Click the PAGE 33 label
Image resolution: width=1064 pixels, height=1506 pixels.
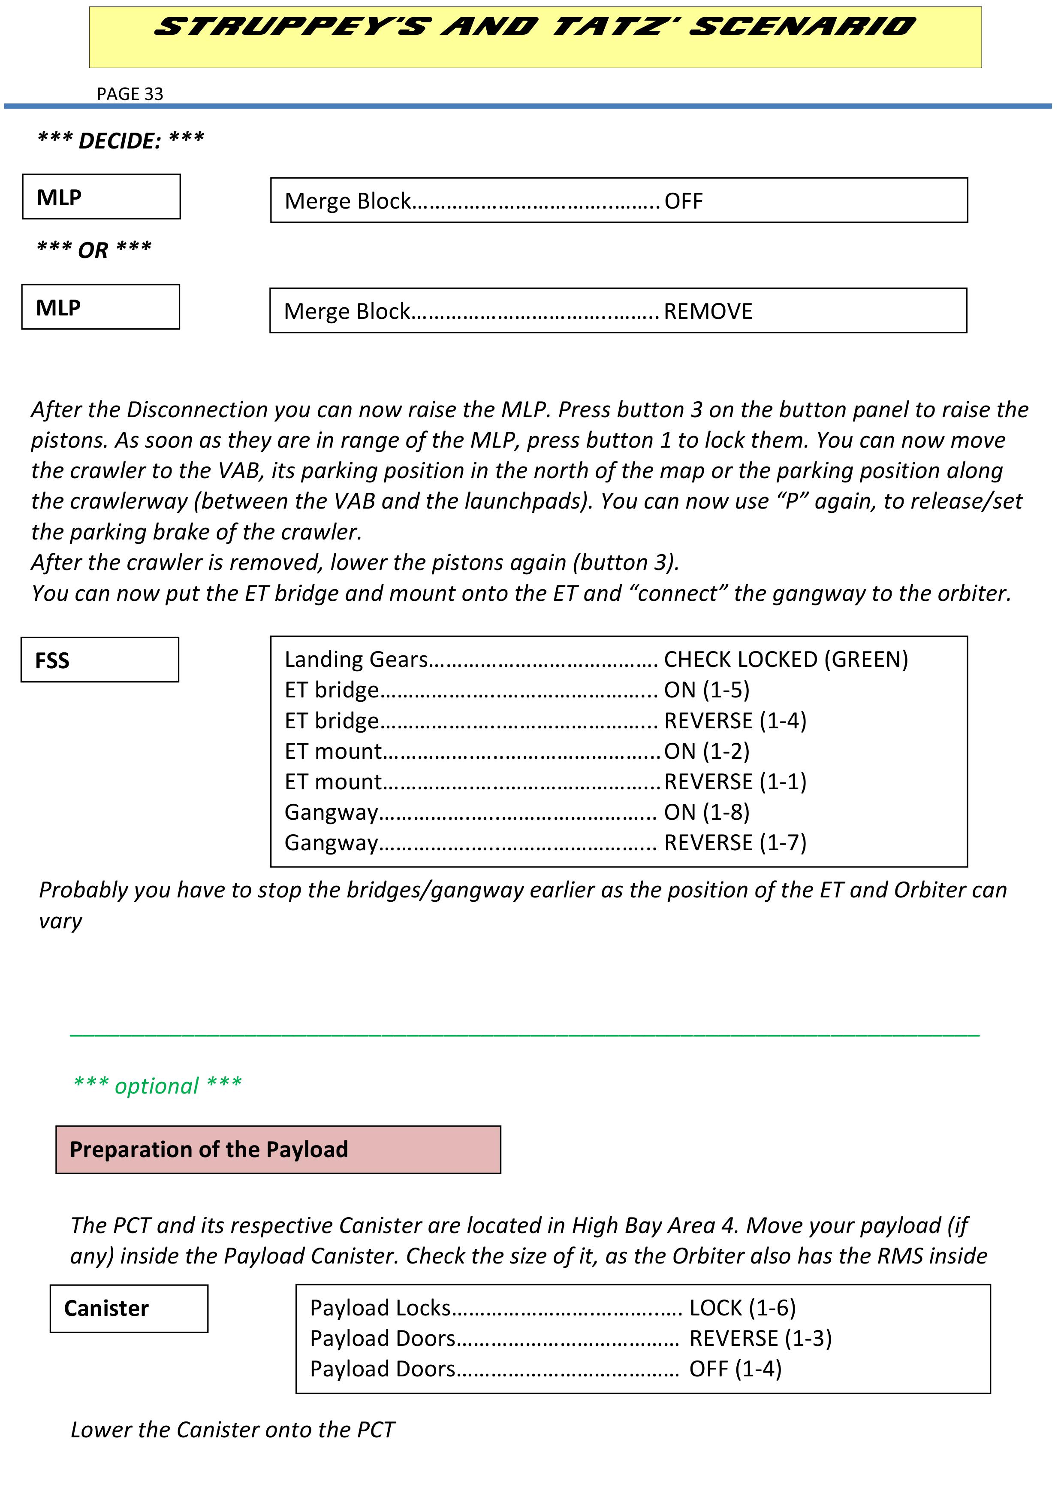(130, 94)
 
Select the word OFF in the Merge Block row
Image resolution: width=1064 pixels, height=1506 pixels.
(683, 201)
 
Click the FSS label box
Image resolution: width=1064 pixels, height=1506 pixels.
(99, 660)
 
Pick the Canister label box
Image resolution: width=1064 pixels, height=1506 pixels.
(129, 1309)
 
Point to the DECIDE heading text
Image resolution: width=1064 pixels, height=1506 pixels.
(121, 140)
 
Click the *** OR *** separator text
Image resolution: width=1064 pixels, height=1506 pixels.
(94, 250)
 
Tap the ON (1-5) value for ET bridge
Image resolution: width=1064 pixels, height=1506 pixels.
(707, 690)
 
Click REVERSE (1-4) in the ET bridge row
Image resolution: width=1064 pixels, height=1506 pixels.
(735, 721)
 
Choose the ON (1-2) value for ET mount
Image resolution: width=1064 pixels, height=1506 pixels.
(707, 751)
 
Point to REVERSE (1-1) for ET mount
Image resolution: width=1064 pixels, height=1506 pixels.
(735, 782)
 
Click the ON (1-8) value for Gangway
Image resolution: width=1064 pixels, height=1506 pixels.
(707, 813)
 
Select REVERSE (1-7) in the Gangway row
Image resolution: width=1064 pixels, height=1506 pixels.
(735, 843)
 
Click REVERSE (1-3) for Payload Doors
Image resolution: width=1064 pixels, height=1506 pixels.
(760, 1339)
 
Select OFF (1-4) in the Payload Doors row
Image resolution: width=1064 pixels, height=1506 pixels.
(735, 1370)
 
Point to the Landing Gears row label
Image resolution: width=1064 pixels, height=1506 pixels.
(356, 660)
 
